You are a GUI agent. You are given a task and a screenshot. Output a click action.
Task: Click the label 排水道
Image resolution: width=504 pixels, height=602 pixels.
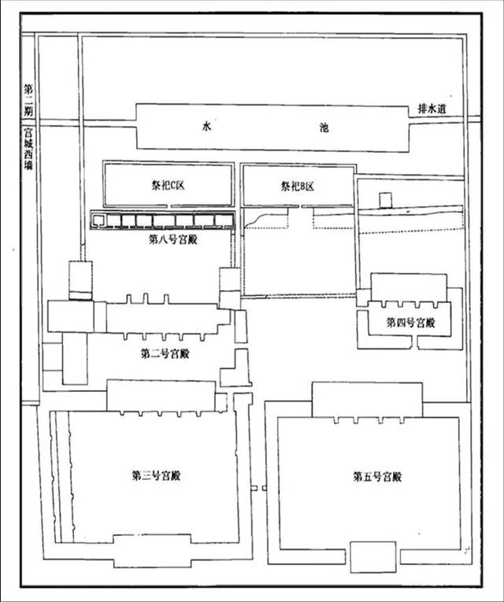click(432, 109)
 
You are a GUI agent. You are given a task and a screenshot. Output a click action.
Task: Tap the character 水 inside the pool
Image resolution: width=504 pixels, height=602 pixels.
click(206, 127)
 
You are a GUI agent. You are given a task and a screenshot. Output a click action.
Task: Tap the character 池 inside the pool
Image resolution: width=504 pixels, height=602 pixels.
click(324, 127)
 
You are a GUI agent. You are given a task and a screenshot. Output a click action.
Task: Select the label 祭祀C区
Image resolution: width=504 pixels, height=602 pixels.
click(168, 186)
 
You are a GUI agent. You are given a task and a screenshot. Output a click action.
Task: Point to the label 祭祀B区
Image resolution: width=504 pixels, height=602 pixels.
click(298, 187)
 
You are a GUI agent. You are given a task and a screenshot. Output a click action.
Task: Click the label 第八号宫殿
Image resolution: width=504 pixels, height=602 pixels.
click(173, 240)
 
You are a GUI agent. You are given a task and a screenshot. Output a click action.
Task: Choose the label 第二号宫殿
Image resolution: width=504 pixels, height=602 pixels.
click(165, 353)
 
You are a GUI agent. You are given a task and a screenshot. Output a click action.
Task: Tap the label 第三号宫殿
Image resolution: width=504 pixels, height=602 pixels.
click(156, 476)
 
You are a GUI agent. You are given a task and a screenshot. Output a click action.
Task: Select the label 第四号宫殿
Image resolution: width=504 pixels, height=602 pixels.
click(410, 323)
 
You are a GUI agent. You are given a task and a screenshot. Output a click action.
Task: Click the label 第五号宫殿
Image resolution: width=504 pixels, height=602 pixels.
click(377, 477)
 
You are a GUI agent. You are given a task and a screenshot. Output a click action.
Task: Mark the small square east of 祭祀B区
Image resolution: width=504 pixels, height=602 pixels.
click(384, 201)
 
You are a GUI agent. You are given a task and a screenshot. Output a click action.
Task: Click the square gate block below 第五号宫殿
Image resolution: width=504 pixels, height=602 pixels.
click(373, 556)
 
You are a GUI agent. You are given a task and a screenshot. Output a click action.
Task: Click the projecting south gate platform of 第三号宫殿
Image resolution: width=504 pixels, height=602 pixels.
click(152, 551)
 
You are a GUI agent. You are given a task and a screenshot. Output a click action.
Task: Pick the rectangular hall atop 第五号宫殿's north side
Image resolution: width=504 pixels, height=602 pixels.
click(367, 400)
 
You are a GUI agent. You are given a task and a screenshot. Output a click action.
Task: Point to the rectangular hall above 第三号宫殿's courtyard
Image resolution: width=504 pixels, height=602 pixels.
click(161, 396)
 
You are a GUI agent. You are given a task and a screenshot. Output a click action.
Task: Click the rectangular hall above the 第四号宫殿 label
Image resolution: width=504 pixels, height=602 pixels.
click(409, 287)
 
